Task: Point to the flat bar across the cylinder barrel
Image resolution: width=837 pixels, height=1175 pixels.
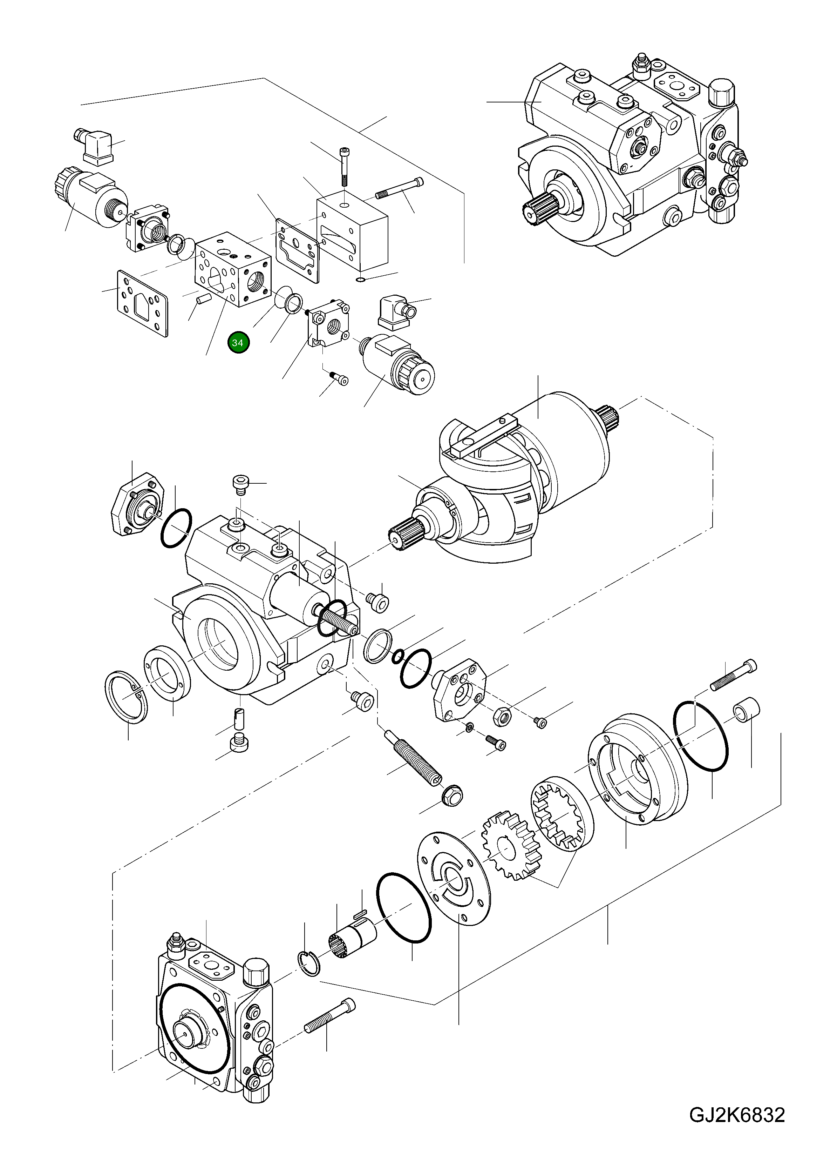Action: pyautogui.click(x=482, y=436)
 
